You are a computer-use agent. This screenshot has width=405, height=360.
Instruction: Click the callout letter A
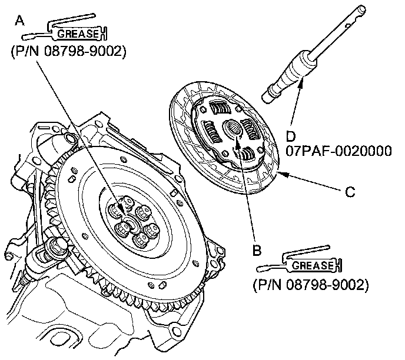pyautogui.click(x=20, y=22)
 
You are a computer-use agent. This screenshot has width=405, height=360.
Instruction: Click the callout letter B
pyautogui.click(x=257, y=250)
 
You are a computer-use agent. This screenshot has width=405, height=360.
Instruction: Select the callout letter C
pyautogui.click(x=349, y=192)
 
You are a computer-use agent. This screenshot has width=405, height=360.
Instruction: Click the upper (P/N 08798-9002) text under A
pyautogui.click(x=68, y=52)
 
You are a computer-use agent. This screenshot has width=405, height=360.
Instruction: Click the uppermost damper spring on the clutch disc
pyautogui.click(x=220, y=109)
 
